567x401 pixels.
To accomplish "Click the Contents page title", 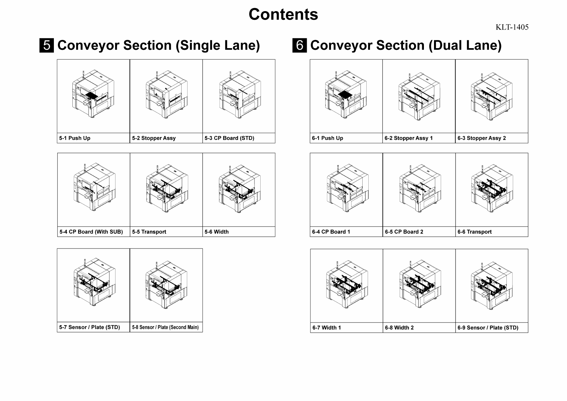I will [283, 14].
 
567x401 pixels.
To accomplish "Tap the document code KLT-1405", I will [512, 27].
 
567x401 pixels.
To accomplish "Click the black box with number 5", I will [46, 45].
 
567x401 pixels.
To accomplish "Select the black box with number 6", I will [299, 45].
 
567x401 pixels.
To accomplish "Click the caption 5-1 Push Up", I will [75, 138].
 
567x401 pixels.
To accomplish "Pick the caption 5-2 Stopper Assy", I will [154, 138].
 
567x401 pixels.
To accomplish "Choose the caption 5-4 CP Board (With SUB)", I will [91, 232].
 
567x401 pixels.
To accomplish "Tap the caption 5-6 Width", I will [216, 232].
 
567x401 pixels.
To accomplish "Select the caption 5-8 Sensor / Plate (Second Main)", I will [165, 327].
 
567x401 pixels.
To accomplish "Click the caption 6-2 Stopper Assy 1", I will [409, 138].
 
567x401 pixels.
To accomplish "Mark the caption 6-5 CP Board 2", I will [404, 232].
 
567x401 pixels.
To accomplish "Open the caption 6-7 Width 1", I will [327, 328].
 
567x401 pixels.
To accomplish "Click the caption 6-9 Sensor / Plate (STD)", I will [488, 328].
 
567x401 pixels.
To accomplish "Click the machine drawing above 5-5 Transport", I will [166, 189].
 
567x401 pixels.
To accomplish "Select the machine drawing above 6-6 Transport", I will [492, 189].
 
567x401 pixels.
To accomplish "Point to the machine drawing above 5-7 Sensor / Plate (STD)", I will [94, 283].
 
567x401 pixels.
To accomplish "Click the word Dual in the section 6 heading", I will [445, 45].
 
